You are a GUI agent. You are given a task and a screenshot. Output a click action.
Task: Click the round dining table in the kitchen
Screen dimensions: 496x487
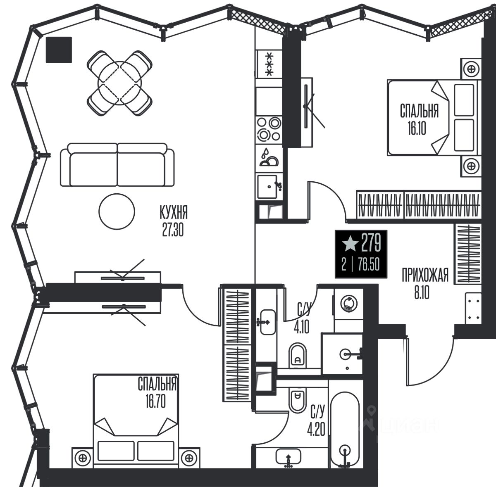pyautogui.click(x=119, y=83)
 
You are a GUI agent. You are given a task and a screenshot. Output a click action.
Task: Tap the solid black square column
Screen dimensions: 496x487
pyautogui.click(x=59, y=50)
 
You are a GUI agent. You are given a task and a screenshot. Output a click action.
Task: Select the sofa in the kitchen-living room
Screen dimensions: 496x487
pyautogui.click(x=117, y=165)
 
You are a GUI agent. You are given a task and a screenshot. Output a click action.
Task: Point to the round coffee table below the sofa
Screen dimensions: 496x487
pyautogui.click(x=117, y=211)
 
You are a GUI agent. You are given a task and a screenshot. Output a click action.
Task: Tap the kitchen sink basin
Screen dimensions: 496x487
pyautogui.click(x=268, y=187)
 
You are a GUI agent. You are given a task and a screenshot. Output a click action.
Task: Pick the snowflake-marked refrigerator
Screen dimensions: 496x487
pyautogui.click(x=269, y=64)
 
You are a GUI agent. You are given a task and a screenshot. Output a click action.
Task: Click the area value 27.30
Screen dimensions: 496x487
pyautogui.click(x=173, y=229)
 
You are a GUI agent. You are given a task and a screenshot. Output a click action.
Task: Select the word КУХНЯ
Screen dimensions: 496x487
pyautogui.click(x=174, y=212)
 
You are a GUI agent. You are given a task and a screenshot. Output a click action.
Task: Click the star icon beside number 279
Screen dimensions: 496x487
pyautogui.click(x=350, y=244)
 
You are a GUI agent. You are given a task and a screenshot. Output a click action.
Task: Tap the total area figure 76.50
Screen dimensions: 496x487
pyautogui.click(x=369, y=264)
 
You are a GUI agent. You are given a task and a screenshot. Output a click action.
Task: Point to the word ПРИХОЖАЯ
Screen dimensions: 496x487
pyautogui.click(x=425, y=275)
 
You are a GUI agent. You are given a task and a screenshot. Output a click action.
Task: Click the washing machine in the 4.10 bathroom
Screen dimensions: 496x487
pyautogui.click(x=349, y=304)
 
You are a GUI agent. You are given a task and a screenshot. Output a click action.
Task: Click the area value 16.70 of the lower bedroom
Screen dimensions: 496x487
pyautogui.click(x=156, y=402)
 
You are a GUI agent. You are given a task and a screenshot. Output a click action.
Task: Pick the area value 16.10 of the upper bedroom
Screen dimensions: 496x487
pyautogui.click(x=417, y=128)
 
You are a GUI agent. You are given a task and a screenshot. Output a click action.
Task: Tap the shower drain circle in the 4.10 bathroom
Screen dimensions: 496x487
pyautogui.click(x=345, y=354)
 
